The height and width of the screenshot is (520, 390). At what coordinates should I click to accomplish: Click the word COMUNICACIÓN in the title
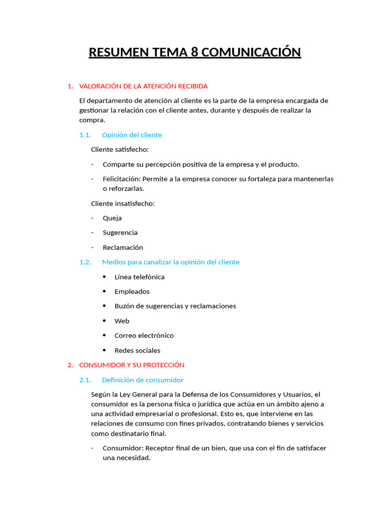(251, 52)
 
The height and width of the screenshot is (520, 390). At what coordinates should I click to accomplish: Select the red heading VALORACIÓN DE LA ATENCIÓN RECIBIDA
(143, 86)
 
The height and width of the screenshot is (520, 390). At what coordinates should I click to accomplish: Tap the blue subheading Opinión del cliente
(132, 135)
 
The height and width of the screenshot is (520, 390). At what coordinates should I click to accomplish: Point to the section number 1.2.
(85, 262)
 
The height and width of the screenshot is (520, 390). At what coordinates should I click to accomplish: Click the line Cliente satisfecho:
(120, 150)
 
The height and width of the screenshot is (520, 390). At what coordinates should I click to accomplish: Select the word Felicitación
(121, 179)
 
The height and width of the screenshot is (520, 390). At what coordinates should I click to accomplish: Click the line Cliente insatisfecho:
(123, 204)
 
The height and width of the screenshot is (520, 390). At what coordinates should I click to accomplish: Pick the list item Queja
(112, 218)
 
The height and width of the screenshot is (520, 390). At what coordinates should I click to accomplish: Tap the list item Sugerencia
(120, 233)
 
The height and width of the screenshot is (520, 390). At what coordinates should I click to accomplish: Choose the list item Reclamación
(123, 248)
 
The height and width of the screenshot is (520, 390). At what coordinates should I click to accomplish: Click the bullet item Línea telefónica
(139, 277)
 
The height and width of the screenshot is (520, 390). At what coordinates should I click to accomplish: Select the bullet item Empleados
(132, 292)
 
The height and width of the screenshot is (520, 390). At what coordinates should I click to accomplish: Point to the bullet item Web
(122, 321)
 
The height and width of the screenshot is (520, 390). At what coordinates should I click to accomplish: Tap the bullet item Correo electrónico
(144, 336)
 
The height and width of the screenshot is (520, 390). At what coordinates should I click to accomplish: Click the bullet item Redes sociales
(137, 350)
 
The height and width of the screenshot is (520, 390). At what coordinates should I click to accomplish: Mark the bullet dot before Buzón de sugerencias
(104, 306)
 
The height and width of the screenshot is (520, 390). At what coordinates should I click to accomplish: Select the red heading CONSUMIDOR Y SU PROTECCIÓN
(132, 365)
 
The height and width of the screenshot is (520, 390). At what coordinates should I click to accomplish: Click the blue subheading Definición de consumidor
(142, 380)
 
